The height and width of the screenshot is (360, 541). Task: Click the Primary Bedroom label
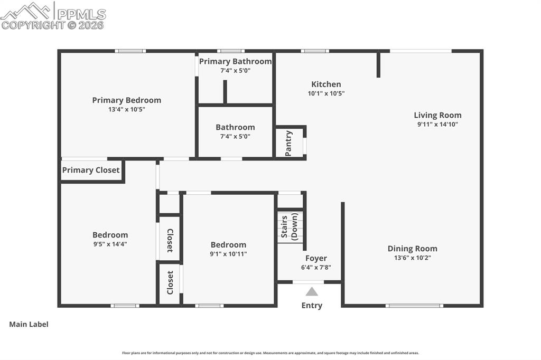click(126, 100)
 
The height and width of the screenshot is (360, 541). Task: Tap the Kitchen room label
click(326, 84)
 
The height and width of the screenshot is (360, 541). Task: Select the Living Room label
click(437, 115)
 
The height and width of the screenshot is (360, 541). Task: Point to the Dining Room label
click(412, 249)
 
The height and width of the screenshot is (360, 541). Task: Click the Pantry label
click(288, 143)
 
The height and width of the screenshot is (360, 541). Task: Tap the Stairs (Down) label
click(289, 227)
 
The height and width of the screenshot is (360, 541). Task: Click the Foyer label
click(316, 258)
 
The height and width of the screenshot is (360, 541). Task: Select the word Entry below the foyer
click(312, 305)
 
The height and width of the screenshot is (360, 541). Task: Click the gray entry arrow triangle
click(312, 291)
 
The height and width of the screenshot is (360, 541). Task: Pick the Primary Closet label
click(91, 170)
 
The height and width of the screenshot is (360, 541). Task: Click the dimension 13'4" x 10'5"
click(126, 110)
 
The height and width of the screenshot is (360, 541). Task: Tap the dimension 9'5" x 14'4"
click(110, 244)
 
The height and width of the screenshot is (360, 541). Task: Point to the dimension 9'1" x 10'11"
click(228, 254)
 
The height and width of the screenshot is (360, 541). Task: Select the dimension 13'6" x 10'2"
click(412, 258)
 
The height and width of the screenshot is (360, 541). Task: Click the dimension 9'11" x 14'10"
click(437, 125)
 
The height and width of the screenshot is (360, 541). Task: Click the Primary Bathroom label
click(235, 61)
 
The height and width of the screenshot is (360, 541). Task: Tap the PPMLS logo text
click(81, 14)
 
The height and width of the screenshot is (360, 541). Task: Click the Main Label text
click(29, 324)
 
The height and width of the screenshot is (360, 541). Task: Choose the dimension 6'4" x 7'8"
click(316, 267)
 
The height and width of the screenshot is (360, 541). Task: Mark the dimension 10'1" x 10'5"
click(326, 93)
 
